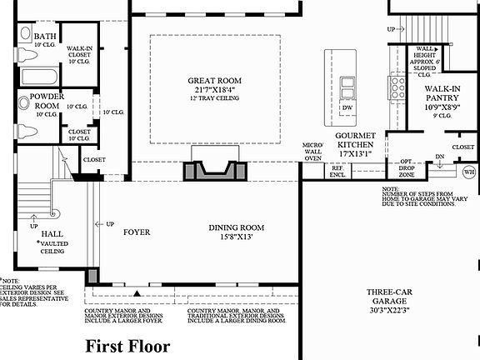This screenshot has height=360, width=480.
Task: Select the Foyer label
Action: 137,232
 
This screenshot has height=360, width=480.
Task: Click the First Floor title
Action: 129,345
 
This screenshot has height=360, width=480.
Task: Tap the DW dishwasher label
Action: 346,108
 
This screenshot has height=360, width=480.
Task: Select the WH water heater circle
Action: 469,172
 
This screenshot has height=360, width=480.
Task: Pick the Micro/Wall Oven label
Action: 312,151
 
